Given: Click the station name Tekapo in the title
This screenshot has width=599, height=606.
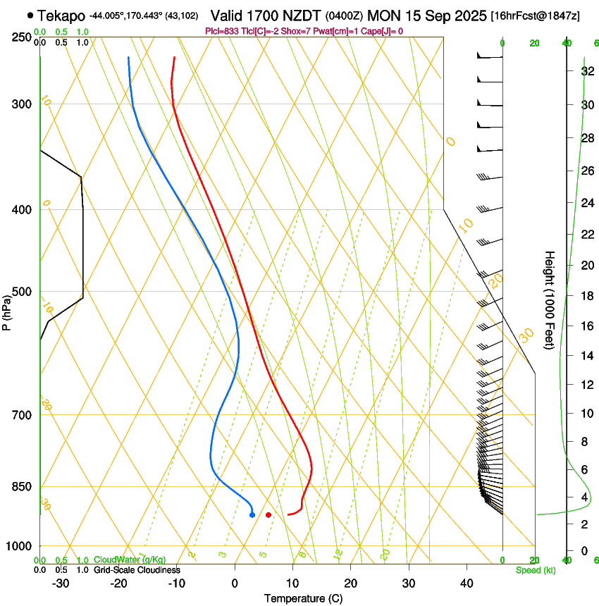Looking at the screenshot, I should coord(61,15).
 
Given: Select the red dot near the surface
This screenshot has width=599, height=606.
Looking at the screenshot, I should coord(268,515).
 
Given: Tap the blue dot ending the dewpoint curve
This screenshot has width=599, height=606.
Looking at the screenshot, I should coord(252,515).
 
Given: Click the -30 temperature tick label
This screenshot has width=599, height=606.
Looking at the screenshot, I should coord(61,583).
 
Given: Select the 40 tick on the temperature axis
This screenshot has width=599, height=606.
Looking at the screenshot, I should coord(466,583).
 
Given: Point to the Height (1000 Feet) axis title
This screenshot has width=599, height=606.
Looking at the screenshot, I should coord(550,299).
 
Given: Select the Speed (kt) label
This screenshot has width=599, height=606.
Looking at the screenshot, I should coord(536,570).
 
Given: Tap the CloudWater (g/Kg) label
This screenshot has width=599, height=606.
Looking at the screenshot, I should coord(130,560).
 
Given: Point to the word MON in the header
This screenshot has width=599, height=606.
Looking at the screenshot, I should coord(383,15).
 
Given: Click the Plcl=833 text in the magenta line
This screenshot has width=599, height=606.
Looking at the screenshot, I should coord(221,31).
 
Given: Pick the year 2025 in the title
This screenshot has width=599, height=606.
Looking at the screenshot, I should coord(466,15).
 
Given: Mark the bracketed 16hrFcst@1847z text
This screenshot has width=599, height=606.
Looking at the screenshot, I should coord(536,16).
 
